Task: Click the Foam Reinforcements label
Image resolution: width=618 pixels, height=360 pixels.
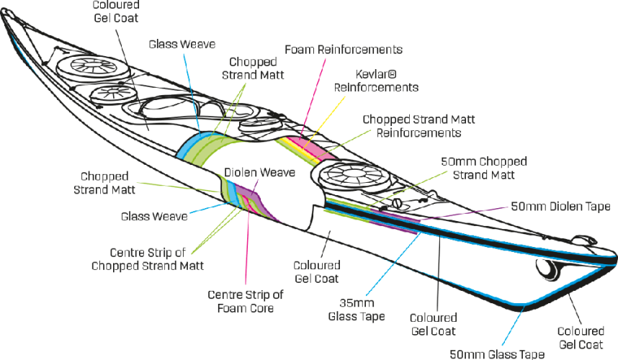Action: coord(343,50)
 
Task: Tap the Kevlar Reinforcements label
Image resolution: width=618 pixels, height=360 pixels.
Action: coord(377,80)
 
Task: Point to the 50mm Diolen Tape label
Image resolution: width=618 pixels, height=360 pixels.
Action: coord(560,206)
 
